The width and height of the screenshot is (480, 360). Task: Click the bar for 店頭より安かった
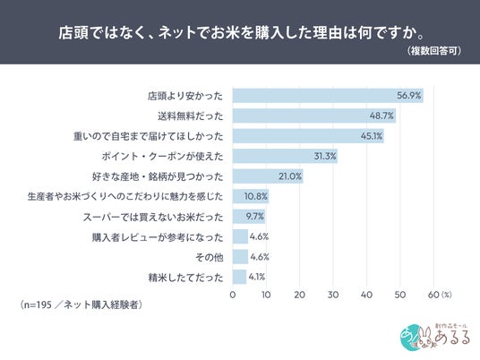(x=328, y=96)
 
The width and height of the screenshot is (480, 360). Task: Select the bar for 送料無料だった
(x=314, y=116)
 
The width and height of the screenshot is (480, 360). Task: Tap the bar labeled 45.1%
(x=308, y=136)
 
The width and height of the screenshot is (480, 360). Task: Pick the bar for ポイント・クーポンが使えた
(x=285, y=156)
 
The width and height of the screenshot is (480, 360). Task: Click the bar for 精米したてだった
(x=239, y=277)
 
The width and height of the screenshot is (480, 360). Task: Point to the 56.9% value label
(x=409, y=96)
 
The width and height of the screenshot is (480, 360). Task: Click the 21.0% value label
(x=290, y=176)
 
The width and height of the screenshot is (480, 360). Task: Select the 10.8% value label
(x=255, y=196)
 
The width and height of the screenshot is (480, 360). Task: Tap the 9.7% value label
(x=254, y=217)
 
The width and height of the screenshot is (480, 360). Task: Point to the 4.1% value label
(x=257, y=277)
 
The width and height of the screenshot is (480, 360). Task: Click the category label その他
(x=210, y=257)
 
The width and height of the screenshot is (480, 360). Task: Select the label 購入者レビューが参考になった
(x=158, y=237)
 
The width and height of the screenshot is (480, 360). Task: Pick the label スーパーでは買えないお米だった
(x=153, y=217)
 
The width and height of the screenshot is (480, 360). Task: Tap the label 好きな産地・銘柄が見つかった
(x=158, y=176)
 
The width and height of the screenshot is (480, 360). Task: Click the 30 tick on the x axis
(x=333, y=295)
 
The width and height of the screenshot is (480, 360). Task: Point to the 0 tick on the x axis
(x=233, y=295)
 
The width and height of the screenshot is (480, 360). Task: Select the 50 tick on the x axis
(x=400, y=295)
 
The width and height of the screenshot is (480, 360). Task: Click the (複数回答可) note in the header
(x=433, y=51)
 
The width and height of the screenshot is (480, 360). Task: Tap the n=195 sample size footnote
(x=81, y=304)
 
